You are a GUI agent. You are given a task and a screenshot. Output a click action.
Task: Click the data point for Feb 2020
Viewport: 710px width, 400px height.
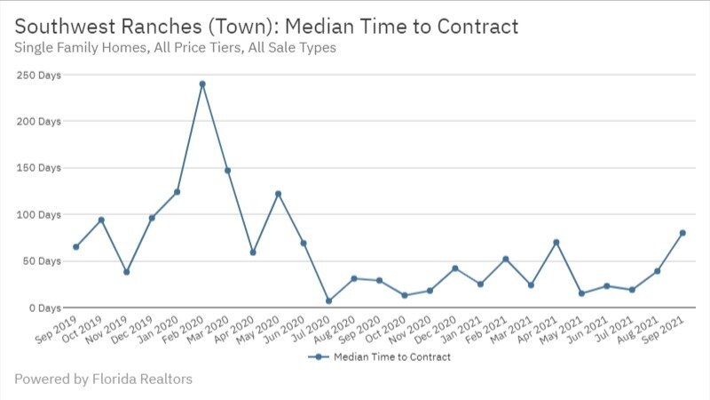[x=202, y=84]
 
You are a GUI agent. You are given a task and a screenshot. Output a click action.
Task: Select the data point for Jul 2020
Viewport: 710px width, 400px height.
[x=329, y=300]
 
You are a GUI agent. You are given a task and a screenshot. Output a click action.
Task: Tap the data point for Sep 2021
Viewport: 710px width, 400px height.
[x=682, y=233]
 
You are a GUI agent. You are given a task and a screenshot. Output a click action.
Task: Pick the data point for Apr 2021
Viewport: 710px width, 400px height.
[x=556, y=242]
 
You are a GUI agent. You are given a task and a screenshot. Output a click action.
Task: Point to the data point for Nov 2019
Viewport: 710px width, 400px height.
[x=127, y=272]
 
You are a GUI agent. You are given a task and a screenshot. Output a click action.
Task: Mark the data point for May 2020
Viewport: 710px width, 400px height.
[x=279, y=194]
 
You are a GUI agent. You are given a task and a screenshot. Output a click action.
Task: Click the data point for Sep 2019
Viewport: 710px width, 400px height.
[x=76, y=247]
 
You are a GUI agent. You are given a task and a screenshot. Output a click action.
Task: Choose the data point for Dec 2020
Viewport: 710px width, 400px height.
[x=455, y=268]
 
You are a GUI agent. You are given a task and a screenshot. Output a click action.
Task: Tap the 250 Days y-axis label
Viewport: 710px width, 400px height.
[x=38, y=76]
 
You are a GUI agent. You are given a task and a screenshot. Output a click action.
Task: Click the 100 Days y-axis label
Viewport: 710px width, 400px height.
[x=38, y=214]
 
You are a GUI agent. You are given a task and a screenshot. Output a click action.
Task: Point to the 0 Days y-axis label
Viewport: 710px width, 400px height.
[x=43, y=308]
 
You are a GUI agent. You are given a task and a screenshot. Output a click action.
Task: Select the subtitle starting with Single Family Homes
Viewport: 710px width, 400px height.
[x=176, y=48]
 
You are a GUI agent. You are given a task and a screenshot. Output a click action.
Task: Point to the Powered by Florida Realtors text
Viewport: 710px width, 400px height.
[x=103, y=380]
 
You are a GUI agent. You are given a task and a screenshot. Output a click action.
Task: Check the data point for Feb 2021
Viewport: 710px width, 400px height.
[x=506, y=259]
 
